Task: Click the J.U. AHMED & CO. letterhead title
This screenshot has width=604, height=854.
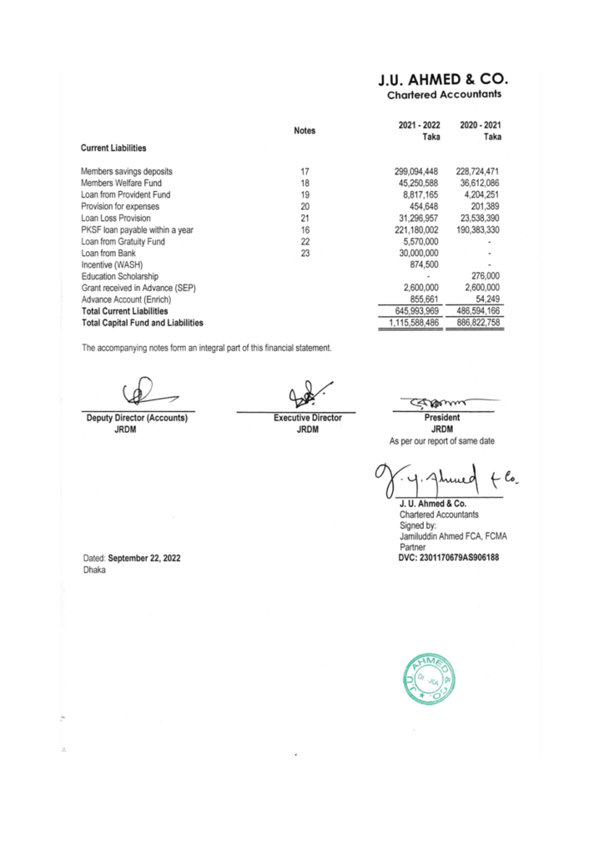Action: [x=442, y=81]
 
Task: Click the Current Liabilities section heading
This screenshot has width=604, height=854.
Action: [x=113, y=148]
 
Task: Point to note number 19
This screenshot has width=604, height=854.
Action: [x=305, y=194]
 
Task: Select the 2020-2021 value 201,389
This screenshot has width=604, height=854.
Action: [x=483, y=206]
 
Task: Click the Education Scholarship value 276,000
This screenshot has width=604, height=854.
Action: [x=485, y=276]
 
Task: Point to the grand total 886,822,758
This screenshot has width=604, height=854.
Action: [x=480, y=323]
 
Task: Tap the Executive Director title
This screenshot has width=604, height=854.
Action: [x=308, y=417]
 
